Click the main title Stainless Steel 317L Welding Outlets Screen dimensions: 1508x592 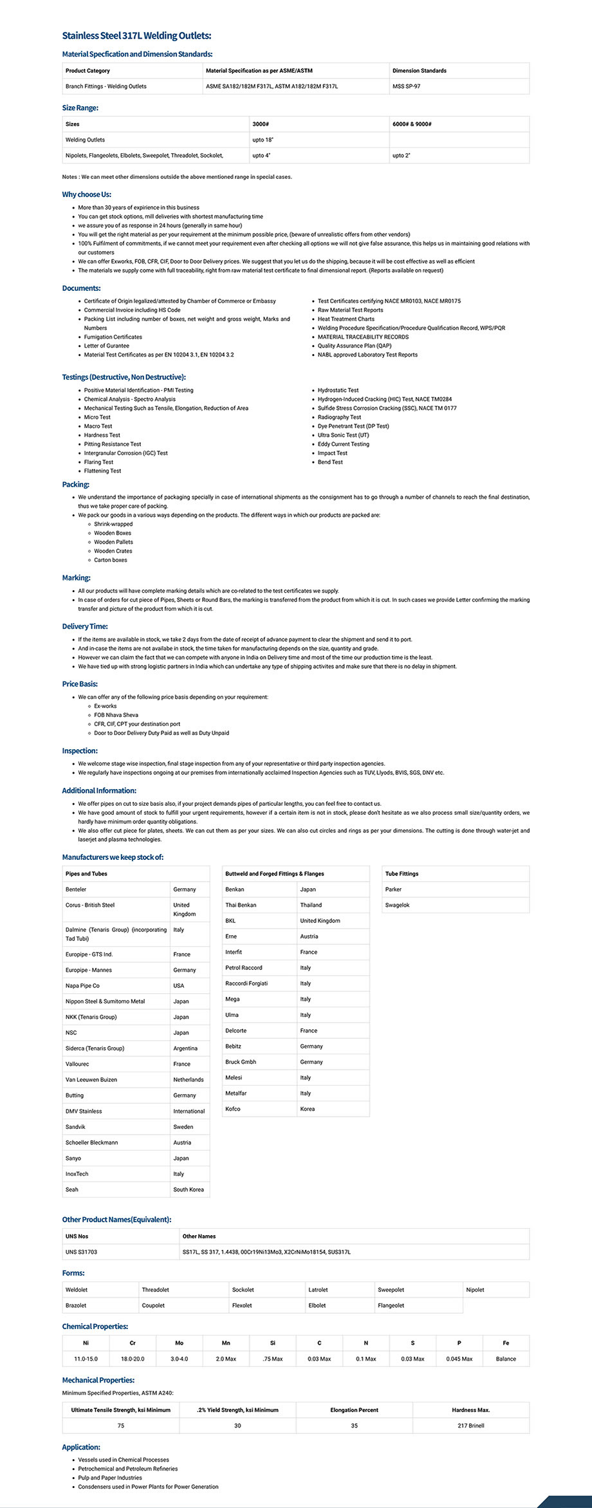[136, 36]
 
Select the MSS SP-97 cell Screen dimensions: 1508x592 [406, 86]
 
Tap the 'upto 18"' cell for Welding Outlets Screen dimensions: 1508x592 [263, 140]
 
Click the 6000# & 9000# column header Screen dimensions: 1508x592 [412, 124]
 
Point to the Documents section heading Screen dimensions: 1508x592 [81, 288]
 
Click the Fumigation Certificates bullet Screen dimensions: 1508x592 [113, 337]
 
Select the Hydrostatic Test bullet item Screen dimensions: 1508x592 [338, 391]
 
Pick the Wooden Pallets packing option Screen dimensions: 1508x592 [113, 542]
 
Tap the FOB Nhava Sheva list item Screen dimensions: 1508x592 [116, 715]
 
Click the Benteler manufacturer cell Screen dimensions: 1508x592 [76, 889]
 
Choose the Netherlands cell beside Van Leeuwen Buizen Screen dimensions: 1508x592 [188, 1080]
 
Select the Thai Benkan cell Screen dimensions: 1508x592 [241, 905]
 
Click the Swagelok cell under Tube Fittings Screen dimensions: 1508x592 [397, 905]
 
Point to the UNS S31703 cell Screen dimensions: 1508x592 [81, 1252]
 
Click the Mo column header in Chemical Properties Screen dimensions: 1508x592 [179, 1343]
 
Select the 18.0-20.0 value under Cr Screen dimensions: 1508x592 [133, 1359]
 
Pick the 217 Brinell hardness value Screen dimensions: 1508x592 [470, 1426]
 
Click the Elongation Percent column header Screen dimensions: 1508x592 [354, 1410]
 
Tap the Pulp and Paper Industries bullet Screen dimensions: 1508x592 [109, 1478]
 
